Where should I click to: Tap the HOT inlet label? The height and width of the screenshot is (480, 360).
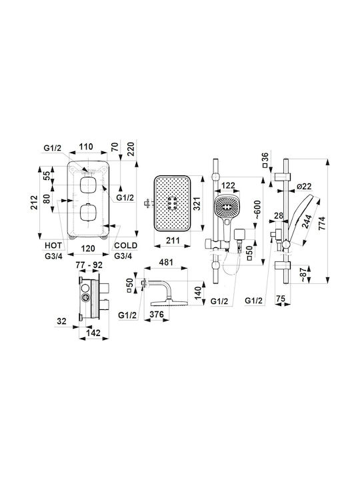tap(53, 245)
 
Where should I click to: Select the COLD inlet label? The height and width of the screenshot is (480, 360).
tap(125, 245)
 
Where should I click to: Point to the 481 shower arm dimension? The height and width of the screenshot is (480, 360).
tap(167, 262)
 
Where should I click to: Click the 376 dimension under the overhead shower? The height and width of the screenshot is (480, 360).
tap(157, 314)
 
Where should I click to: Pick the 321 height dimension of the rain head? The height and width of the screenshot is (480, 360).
tap(196, 203)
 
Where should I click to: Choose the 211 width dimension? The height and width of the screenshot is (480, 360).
tap(173, 241)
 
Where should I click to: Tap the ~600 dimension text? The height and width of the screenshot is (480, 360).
tap(257, 209)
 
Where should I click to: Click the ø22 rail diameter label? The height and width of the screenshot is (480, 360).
tap(304, 186)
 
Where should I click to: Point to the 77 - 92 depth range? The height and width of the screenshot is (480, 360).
tap(89, 265)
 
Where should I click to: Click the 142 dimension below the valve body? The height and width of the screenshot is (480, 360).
tap(93, 333)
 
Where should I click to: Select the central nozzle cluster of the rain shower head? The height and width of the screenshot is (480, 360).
tap(172, 203)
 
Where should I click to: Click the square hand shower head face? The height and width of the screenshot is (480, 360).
tap(227, 207)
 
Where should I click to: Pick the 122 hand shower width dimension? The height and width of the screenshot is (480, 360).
tap(228, 185)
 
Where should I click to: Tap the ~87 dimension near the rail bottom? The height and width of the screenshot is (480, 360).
tap(303, 274)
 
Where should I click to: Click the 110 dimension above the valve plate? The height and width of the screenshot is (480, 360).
tap(86, 147)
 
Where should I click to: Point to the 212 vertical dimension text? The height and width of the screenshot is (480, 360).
tap(34, 203)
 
